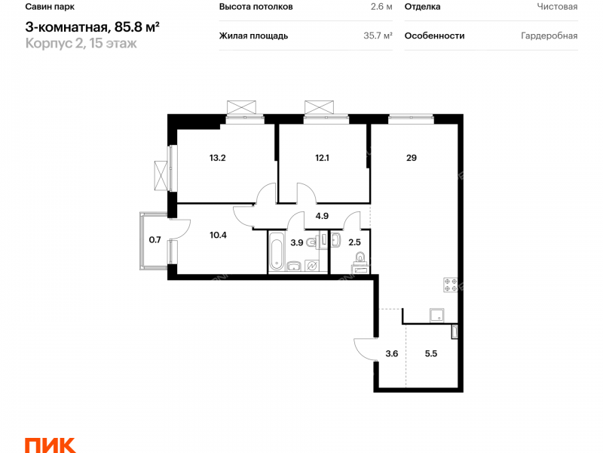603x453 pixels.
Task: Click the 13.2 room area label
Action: pos(218,158)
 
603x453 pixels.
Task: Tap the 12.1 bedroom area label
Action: pos(322,158)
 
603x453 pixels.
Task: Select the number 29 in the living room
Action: pos(412,158)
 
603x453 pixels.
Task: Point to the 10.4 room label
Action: pos(218,235)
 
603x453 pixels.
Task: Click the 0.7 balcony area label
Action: pos(155,240)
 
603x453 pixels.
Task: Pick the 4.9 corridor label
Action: pos(322,216)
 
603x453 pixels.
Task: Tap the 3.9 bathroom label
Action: pos(296,242)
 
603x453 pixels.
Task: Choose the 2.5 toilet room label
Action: pos(354,242)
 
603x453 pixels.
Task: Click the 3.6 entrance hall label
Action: pos(392,353)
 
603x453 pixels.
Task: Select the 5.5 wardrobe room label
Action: pos(431,353)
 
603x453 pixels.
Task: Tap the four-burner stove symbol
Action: pos(451,285)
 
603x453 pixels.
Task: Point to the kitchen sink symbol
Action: pos(437,316)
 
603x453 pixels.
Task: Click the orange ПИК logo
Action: pos(50,445)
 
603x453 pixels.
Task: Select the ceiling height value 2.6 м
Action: pos(381,7)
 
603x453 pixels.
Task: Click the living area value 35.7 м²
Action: pos(378,35)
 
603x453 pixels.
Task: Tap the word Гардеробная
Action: pos(549,35)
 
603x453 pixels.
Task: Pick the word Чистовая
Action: pos(557,7)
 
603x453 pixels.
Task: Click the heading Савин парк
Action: pos(50,7)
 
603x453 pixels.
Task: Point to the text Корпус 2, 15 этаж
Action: pos(81,44)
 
